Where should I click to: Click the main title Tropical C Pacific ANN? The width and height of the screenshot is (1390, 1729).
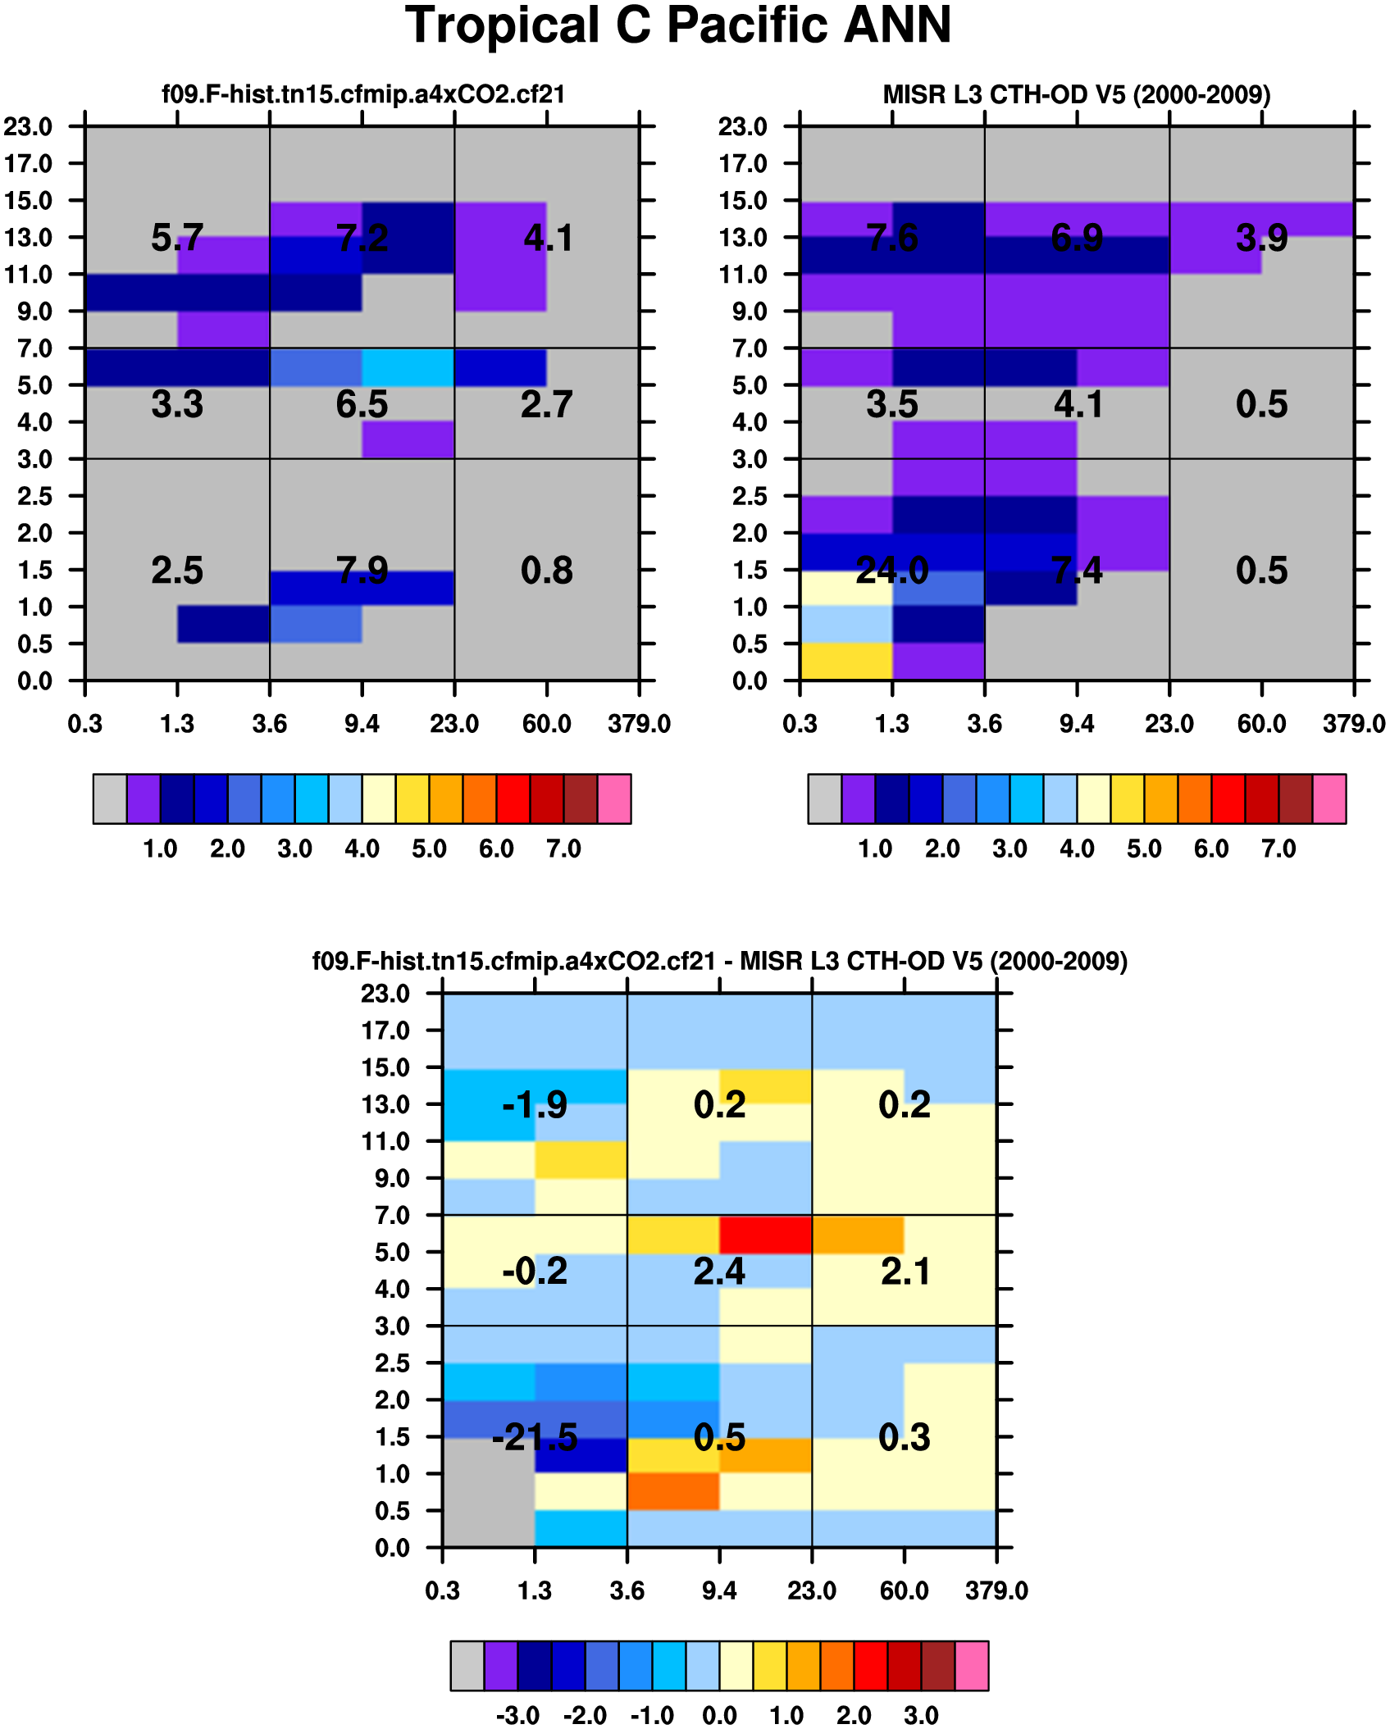tap(678, 26)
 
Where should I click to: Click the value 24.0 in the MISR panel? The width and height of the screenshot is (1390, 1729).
tap(891, 570)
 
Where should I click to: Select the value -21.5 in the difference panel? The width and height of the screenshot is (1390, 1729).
tap(535, 1437)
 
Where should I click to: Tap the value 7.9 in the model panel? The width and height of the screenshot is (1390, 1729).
tap(362, 570)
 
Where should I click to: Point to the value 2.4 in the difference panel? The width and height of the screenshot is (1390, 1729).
tap(719, 1272)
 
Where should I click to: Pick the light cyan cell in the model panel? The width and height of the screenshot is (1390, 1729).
tap(408, 366)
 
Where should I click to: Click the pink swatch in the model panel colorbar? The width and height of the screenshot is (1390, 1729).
tap(614, 799)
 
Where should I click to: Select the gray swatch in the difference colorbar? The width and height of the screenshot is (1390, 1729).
tap(467, 1665)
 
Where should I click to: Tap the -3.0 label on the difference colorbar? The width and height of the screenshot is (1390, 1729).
tap(518, 1715)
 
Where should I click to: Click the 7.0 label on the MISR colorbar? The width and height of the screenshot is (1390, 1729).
tap(1278, 849)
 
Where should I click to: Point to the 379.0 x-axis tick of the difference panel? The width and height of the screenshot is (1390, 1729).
tap(996, 1591)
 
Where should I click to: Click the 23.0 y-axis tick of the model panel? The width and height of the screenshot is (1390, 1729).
tap(29, 127)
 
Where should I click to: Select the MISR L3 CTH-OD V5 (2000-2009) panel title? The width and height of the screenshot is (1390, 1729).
tap(1076, 95)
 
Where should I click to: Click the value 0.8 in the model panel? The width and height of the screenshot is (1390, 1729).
tap(546, 570)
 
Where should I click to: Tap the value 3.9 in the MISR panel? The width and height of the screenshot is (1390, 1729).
tap(1261, 238)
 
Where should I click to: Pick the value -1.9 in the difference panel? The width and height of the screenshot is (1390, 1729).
tap(535, 1105)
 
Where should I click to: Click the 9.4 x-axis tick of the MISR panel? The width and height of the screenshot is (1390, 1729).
tap(1077, 724)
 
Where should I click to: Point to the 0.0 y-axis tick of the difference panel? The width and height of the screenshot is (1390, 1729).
tap(392, 1548)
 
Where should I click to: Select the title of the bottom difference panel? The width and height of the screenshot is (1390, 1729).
tap(719, 961)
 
